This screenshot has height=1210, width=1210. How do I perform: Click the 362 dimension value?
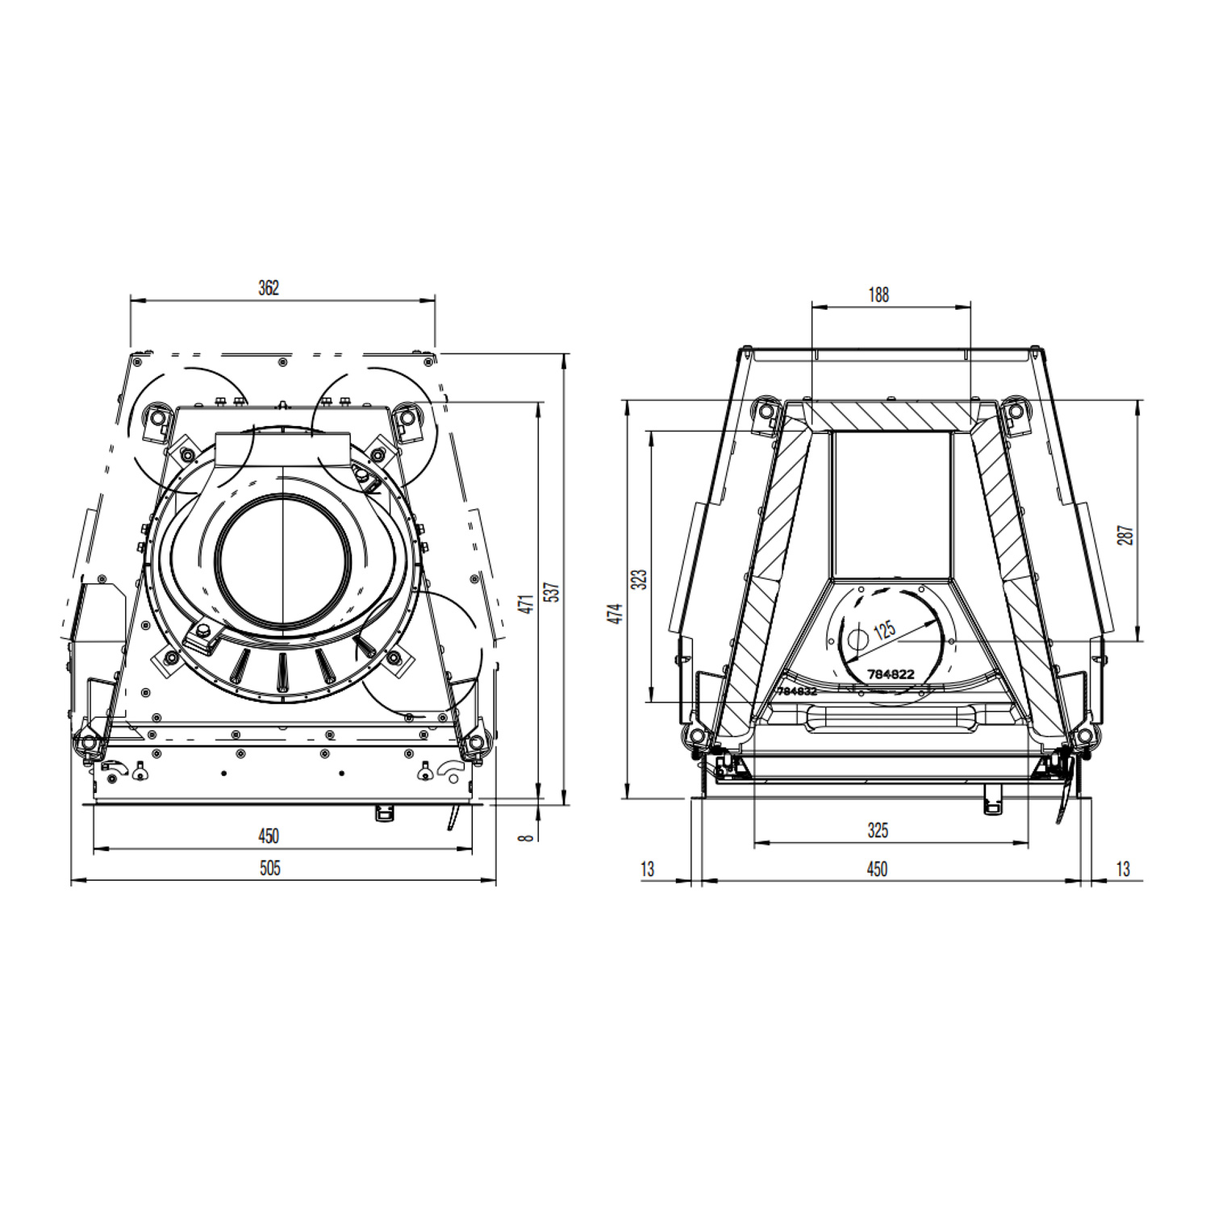pos(269,287)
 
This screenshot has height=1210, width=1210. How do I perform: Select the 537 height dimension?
pos(552,592)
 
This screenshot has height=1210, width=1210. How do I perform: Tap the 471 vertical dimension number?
pos(526,603)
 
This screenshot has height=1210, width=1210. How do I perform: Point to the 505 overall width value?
pos(270,868)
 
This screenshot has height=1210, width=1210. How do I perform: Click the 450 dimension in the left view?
pos(269,836)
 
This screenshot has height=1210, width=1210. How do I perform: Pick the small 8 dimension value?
pos(527,838)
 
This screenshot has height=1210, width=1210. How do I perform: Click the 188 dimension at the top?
pos(878,295)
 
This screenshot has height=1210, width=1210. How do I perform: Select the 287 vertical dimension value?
pos(1125,535)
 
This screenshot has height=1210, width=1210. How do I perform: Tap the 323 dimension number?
pos(640,579)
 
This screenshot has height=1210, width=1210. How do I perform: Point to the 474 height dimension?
pos(616,613)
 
